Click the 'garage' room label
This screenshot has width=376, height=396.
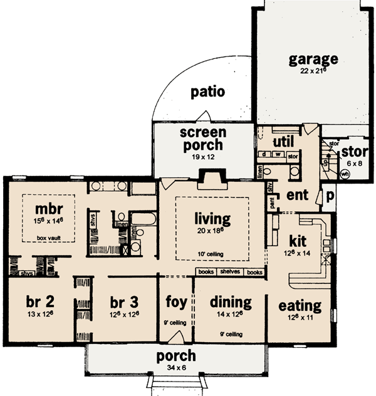point(313,60)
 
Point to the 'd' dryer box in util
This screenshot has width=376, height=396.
point(265,154)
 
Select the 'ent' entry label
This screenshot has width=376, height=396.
point(297,195)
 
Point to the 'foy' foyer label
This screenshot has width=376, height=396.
point(175,302)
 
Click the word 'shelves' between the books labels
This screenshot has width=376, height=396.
point(231,272)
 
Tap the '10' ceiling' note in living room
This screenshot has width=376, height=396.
point(212,254)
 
